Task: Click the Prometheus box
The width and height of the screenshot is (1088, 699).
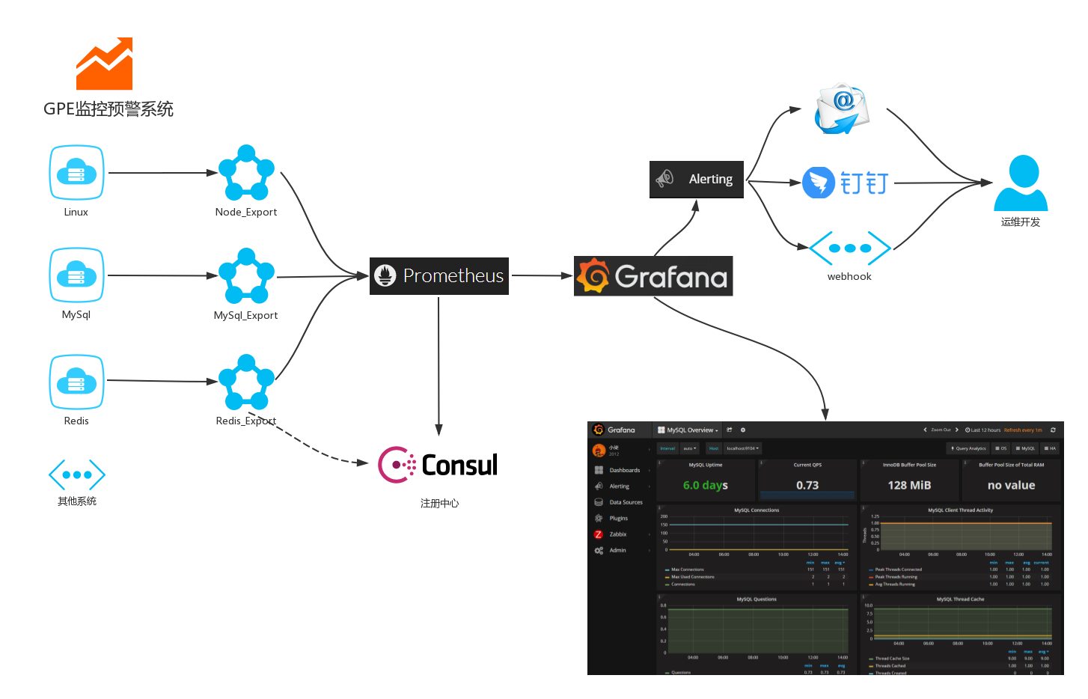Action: click(x=439, y=276)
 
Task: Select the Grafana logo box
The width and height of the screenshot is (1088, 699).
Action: click(x=653, y=276)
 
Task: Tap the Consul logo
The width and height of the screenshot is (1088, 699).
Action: click(x=439, y=464)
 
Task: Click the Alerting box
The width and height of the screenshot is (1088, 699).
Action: click(x=696, y=179)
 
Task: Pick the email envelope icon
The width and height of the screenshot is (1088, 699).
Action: click(x=842, y=109)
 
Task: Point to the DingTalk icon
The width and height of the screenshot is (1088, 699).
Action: click(x=819, y=183)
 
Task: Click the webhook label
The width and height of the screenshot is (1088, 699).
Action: click(x=849, y=277)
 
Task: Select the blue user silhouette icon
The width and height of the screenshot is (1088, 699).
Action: click(x=1021, y=183)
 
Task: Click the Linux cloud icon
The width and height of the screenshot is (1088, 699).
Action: click(x=76, y=173)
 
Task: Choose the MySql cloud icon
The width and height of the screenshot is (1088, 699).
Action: click(x=76, y=275)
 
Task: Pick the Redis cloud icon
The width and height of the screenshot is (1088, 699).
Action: click(x=76, y=382)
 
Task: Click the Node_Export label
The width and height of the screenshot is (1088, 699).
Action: click(x=246, y=213)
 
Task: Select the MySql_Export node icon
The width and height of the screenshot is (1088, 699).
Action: click(x=246, y=276)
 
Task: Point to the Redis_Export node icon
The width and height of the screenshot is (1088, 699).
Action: click(x=246, y=382)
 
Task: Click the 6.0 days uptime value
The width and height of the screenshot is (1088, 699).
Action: click(x=705, y=486)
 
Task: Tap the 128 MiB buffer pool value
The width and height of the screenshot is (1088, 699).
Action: click(x=909, y=486)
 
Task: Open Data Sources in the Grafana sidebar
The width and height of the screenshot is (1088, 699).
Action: click(x=626, y=502)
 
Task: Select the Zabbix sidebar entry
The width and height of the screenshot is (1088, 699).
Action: click(x=617, y=534)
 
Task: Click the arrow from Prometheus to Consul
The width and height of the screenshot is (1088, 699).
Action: click(x=438, y=367)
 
